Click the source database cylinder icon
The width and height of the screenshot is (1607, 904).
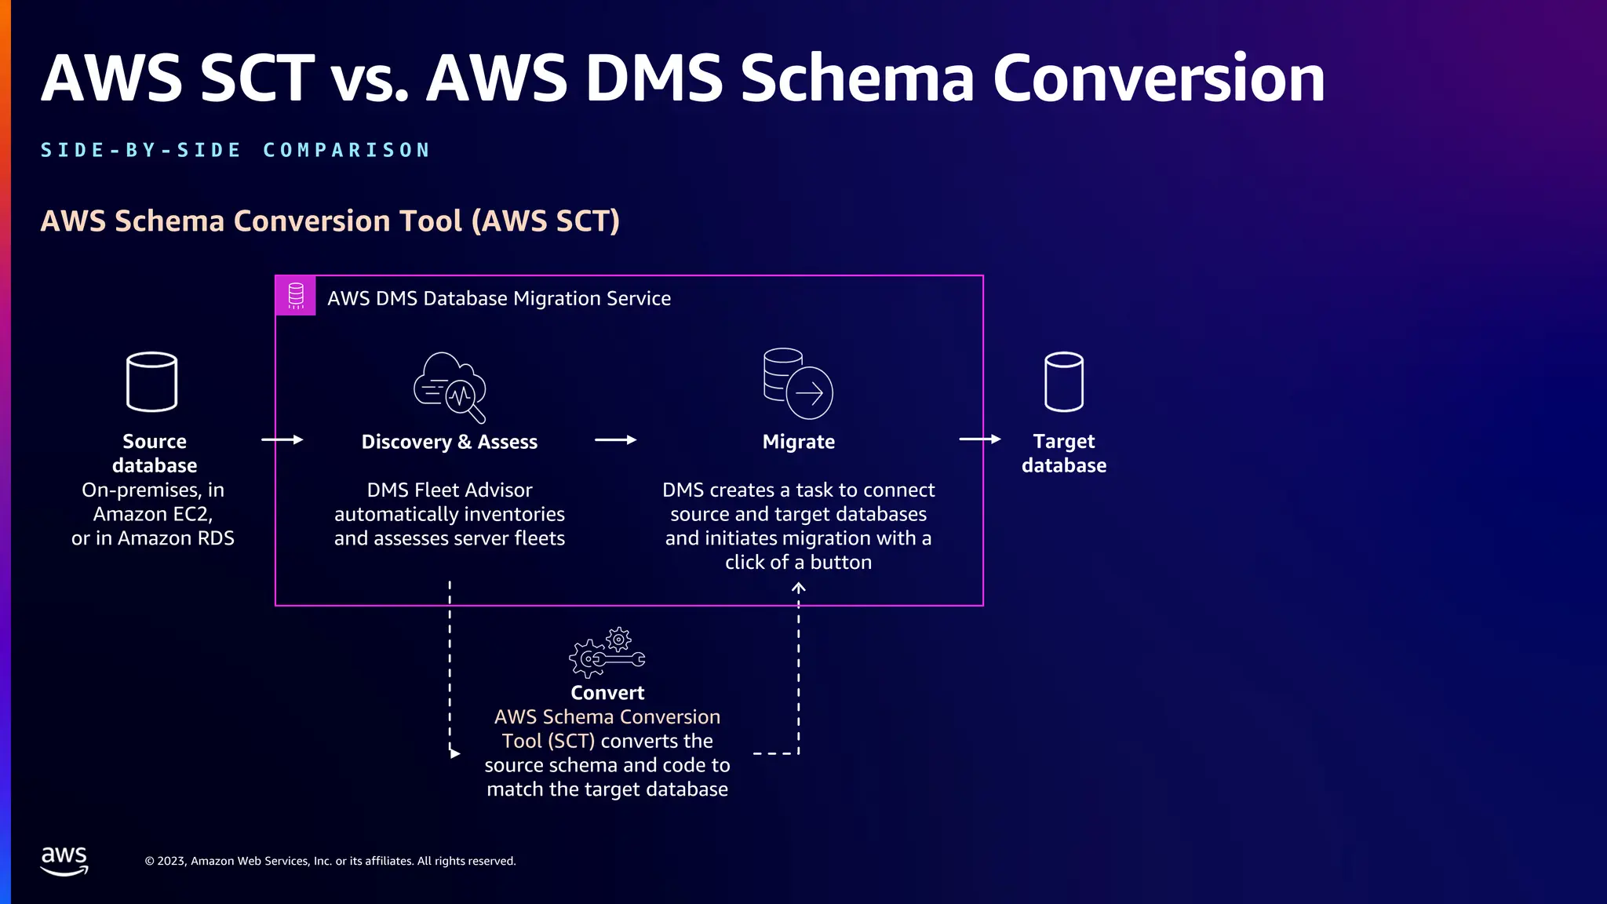pyautogui.click(x=151, y=381)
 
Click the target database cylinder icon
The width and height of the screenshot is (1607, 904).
pyautogui.click(x=1063, y=381)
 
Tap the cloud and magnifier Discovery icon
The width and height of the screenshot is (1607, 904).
pyautogui.click(x=450, y=387)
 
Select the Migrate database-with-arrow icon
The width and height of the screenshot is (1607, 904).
pyautogui.click(x=798, y=384)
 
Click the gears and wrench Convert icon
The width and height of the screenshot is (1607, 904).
pyautogui.click(x=607, y=653)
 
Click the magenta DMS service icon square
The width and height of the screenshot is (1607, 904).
pyautogui.click(x=296, y=296)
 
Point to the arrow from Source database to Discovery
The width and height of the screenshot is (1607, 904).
pyautogui.click(x=282, y=440)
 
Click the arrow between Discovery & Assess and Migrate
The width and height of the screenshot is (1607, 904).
pyautogui.click(x=615, y=440)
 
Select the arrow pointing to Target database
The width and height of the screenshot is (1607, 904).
pyautogui.click(x=979, y=439)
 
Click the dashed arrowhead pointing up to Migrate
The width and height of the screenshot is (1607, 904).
pyautogui.click(x=798, y=587)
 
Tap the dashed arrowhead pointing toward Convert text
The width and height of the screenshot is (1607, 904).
pyautogui.click(x=454, y=753)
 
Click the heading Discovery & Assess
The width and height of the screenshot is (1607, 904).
pyautogui.click(x=449, y=442)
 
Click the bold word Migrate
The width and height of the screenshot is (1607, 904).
pyautogui.click(x=798, y=442)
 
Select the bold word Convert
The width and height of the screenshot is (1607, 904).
pyautogui.click(x=607, y=693)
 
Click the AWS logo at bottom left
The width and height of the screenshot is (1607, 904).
pyautogui.click(x=64, y=860)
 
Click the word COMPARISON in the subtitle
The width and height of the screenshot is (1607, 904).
pyautogui.click(x=347, y=150)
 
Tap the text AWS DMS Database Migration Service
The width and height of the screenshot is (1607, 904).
pyautogui.click(x=499, y=298)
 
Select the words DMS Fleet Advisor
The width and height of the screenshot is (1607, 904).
pyautogui.click(x=449, y=490)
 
